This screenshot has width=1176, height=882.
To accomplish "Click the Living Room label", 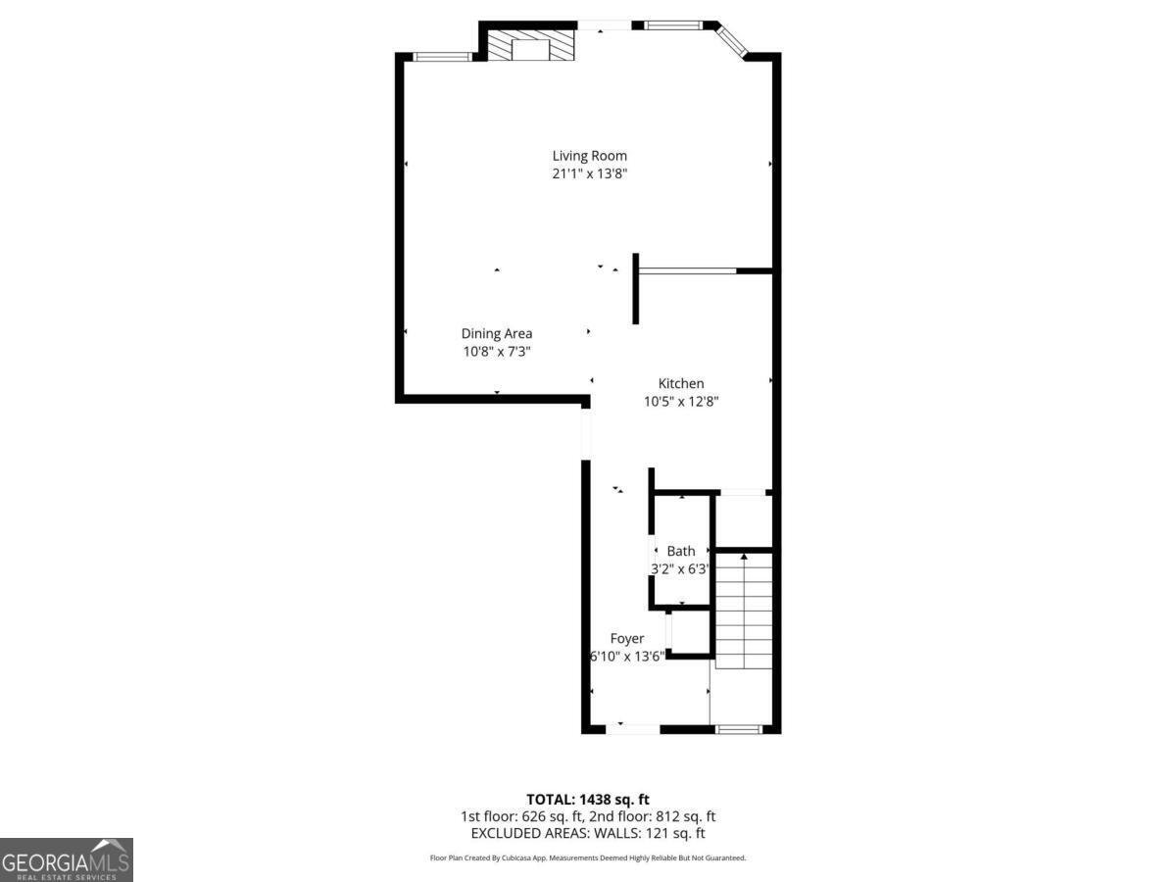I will pyautogui.click(x=589, y=155).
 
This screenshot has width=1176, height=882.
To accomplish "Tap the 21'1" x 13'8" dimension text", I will pyautogui.click(x=589, y=173).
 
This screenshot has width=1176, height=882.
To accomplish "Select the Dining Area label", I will pyautogui.click(x=497, y=333).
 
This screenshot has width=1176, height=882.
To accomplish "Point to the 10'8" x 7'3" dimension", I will pyautogui.click(x=497, y=351).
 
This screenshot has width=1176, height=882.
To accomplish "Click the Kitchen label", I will pyautogui.click(x=680, y=383).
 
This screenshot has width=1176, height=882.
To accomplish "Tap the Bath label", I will pyautogui.click(x=680, y=551).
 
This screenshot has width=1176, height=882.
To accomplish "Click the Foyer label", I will pyautogui.click(x=627, y=638).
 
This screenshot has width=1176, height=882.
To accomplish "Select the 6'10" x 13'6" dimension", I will pyautogui.click(x=627, y=656).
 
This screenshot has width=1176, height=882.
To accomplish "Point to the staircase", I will pyautogui.click(x=744, y=612).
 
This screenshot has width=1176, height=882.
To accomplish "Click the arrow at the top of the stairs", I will pyautogui.click(x=744, y=558).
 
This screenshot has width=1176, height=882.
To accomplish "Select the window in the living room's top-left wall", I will pyautogui.click(x=443, y=57).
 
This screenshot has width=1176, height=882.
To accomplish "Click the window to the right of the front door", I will pyautogui.click(x=740, y=728).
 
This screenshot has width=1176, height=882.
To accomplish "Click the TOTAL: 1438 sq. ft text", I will pyautogui.click(x=588, y=799).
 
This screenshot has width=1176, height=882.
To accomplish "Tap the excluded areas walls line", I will pyautogui.click(x=588, y=833).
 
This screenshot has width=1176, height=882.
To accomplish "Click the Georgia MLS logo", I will pyautogui.click(x=66, y=859).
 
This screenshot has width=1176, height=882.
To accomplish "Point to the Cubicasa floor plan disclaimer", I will pyautogui.click(x=588, y=857).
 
